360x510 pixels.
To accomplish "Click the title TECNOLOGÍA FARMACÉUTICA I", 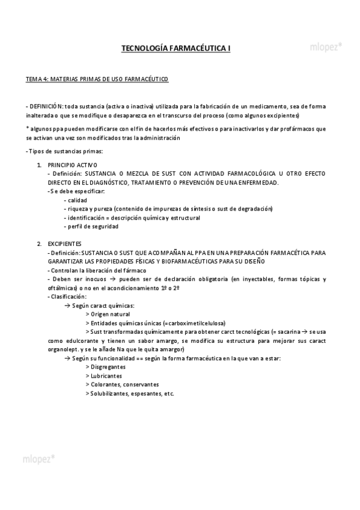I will point(176,47).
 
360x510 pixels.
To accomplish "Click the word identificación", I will point(87,218).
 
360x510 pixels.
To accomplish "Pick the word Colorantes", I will point(105,385).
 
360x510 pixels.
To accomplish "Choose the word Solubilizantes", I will point(108,394).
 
